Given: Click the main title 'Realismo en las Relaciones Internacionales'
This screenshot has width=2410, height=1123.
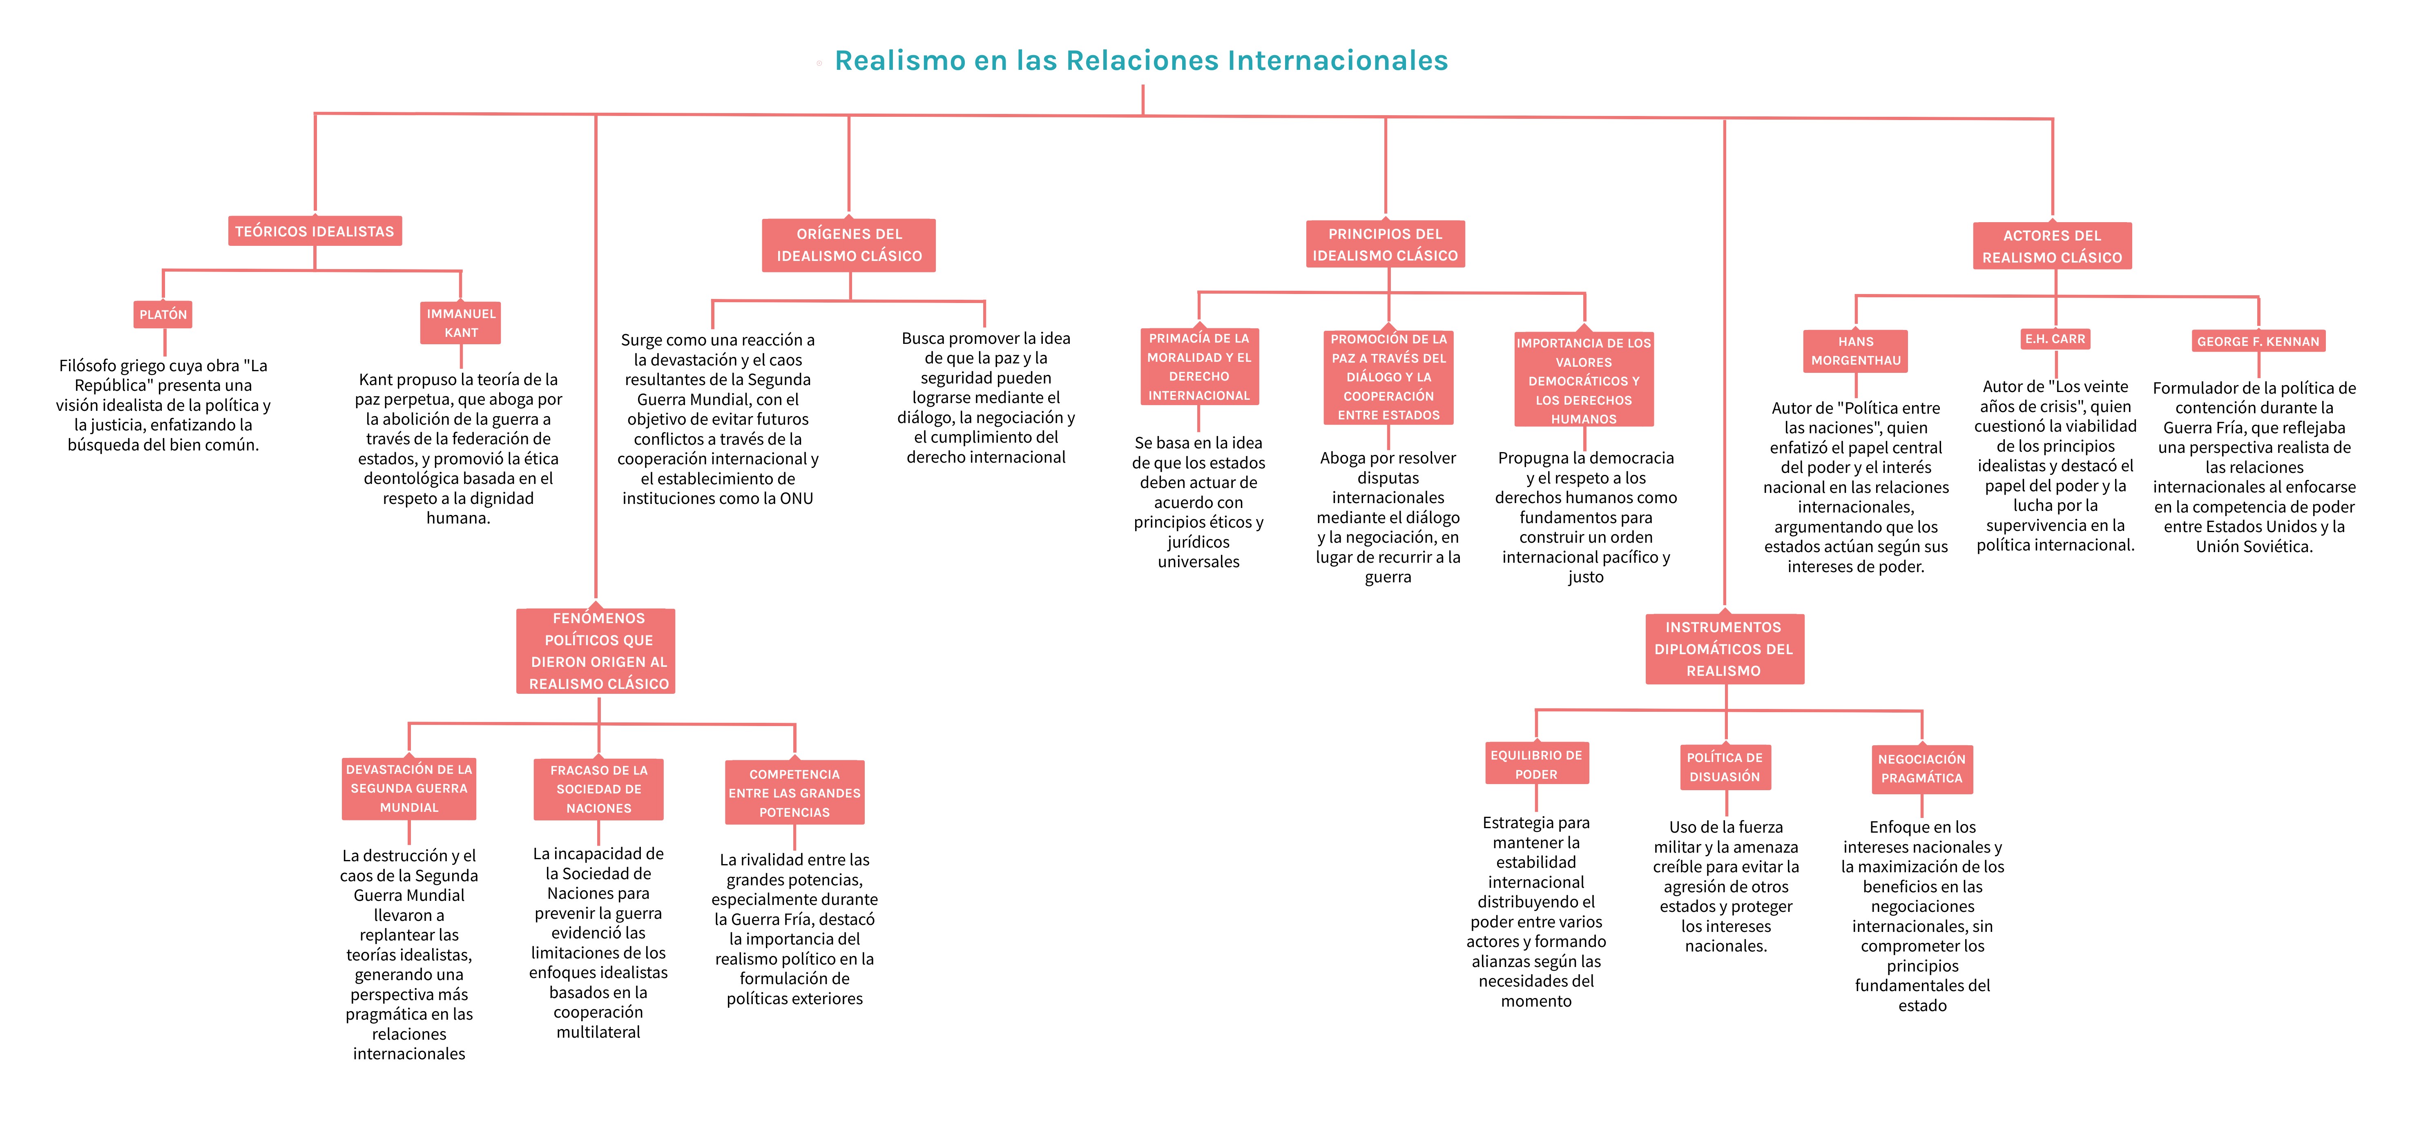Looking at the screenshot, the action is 1141,61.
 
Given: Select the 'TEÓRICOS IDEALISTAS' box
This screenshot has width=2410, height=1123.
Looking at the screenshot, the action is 315,231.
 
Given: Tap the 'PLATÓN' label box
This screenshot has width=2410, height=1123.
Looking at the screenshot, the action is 164,314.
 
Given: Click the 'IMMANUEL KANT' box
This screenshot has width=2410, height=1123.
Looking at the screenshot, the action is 461,323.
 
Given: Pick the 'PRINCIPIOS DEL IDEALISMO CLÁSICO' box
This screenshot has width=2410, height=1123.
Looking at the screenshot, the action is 1386,244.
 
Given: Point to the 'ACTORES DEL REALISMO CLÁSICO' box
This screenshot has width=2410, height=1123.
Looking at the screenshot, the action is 2053,246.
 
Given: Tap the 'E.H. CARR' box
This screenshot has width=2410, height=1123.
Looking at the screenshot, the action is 2055,339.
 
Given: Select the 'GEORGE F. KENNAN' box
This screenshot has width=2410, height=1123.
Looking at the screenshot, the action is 2258,341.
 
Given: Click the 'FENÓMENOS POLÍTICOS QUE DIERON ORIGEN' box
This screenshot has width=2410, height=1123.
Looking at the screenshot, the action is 596,651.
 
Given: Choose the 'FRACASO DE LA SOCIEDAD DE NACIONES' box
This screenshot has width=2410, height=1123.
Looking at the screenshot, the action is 599,789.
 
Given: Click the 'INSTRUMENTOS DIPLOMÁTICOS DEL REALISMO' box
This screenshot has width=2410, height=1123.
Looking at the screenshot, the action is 1724,649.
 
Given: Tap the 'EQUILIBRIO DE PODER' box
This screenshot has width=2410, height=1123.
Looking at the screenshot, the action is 1536,764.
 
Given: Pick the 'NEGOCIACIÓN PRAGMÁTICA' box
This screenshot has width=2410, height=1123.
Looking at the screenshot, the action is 1921,769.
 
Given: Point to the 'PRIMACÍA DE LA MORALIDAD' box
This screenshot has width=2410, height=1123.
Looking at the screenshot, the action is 1199,367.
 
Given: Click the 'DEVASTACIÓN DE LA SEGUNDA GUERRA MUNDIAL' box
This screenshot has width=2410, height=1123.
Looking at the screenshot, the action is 409,788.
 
